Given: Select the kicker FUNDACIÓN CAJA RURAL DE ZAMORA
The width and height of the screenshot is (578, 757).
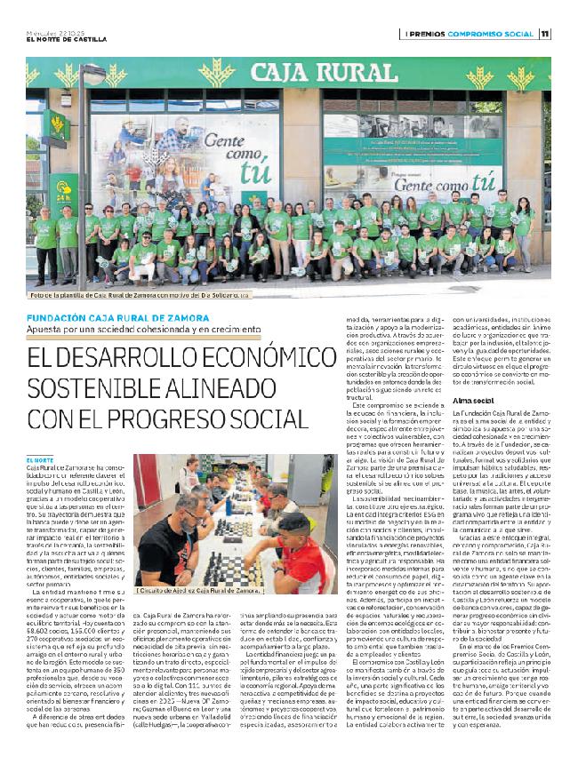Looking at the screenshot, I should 118,317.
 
